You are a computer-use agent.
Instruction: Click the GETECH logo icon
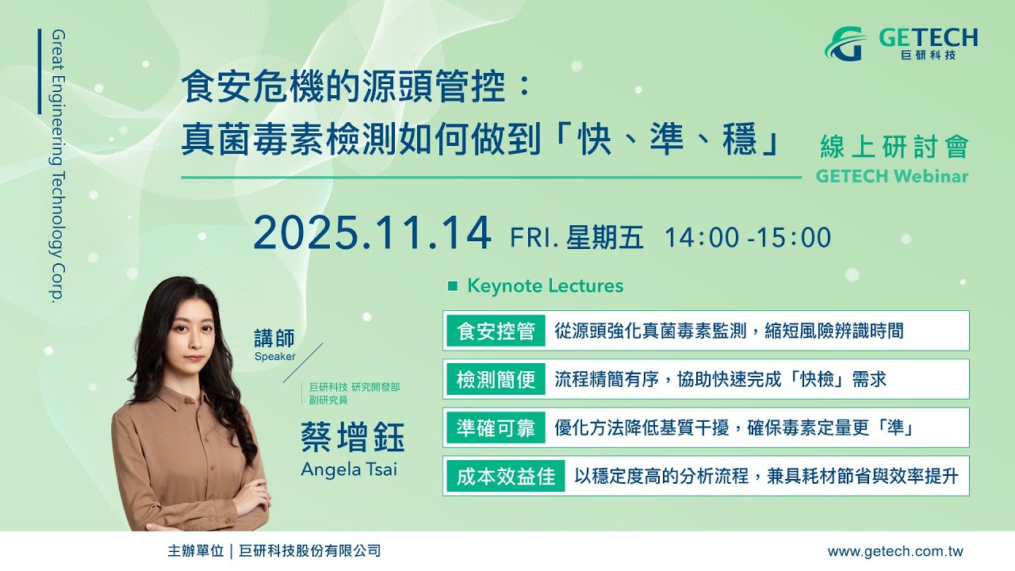[x=846, y=44]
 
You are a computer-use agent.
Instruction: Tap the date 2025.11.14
[x=372, y=234]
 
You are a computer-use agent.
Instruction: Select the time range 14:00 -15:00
[x=748, y=237]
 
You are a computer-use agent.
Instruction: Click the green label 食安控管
[x=496, y=331]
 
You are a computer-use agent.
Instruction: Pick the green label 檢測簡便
[x=496, y=379]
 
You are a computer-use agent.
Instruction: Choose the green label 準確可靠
[x=496, y=427]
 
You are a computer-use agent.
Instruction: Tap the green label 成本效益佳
[x=506, y=477]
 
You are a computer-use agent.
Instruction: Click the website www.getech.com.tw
[x=895, y=551]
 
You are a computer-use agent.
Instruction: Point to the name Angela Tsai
[x=349, y=469]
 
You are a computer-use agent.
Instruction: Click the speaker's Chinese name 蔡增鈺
[x=353, y=437]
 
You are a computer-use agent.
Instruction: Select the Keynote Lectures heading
[x=545, y=286]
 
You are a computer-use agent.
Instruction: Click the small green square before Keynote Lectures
[x=452, y=286]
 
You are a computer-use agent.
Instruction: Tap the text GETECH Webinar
[x=892, y=176]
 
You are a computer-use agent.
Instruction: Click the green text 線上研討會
[x=894, y=147]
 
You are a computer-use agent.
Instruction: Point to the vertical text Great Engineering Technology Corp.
[x=59, y=166]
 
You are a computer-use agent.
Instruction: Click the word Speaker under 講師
[x=274, y=357]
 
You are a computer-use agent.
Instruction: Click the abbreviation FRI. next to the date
[x=534, y=237]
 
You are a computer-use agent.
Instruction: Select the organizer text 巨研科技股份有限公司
[x=309, y=551]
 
